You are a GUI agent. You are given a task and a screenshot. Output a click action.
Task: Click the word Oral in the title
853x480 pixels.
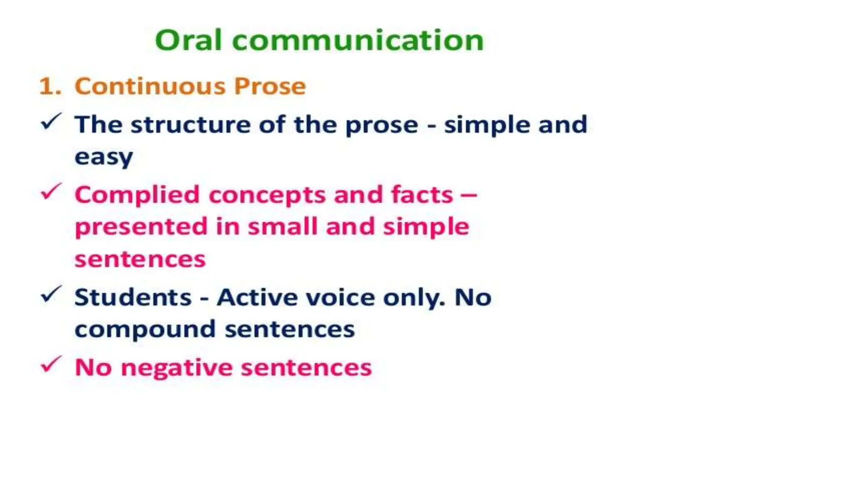pos(188,40)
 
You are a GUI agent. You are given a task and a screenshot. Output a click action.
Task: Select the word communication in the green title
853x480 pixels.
pos(358,40)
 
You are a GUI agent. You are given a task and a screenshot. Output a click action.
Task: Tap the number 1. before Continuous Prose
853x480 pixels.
pos(50,86)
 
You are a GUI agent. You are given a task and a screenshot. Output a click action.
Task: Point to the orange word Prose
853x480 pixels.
pos(270,86)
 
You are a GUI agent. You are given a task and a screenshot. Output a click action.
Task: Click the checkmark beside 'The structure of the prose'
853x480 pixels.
pos(51,122)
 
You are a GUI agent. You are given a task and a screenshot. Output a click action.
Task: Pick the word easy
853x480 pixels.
pos(104,157)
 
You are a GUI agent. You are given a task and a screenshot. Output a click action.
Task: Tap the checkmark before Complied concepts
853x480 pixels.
pos(51,192)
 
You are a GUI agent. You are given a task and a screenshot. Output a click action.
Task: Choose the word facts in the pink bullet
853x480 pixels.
pos(422,195)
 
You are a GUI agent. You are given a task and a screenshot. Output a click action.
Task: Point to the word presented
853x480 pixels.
pos(141,227)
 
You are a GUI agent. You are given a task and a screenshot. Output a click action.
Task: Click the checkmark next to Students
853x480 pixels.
pos(51,294)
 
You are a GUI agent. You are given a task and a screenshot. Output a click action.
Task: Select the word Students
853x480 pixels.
pos(133,297)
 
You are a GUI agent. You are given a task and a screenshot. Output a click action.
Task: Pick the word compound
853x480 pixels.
pos(145,330)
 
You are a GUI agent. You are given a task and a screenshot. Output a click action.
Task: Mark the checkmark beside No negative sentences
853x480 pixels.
pos(51,365)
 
